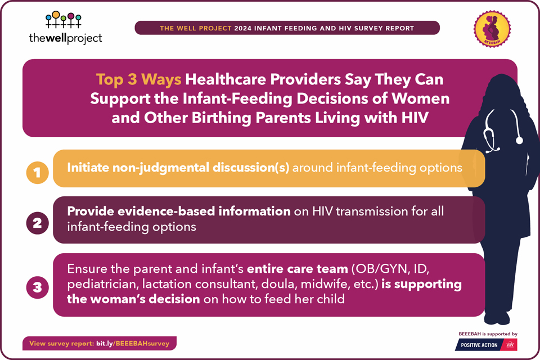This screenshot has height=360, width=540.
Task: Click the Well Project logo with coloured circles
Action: pyautogui.click(x=65, y=28)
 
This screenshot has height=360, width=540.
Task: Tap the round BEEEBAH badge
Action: pyautogui.click(x=492, y=28)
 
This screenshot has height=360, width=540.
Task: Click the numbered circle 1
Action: pyautogui.click(x=37, y=173)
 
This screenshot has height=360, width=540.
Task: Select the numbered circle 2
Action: pyautogui.click(x=37, y=223)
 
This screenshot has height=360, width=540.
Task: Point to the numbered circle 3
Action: pyautogui.click(x=37, y=287)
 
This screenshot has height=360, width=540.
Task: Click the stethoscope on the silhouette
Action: pyautogui.click(x=503, y=131)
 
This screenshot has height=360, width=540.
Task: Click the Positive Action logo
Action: pyautogui.click(x=486, y=345)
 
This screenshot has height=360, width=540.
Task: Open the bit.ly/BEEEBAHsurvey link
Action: pyautogui.click(x=133, y=344)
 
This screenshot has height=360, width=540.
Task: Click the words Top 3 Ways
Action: pyautogui.click(x=138, y=79)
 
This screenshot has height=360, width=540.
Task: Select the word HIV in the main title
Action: pyautogui.click(x=415, y=118)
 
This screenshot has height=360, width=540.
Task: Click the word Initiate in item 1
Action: pyautogui.click(x=88, y=168)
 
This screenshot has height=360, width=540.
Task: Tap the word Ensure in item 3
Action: pyautogui.click(x=87, y=269)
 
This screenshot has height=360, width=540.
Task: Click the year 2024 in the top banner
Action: pyautogui.click(x=243, y=28)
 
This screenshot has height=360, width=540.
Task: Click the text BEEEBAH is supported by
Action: pyautogui.click(x=488, y=334)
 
